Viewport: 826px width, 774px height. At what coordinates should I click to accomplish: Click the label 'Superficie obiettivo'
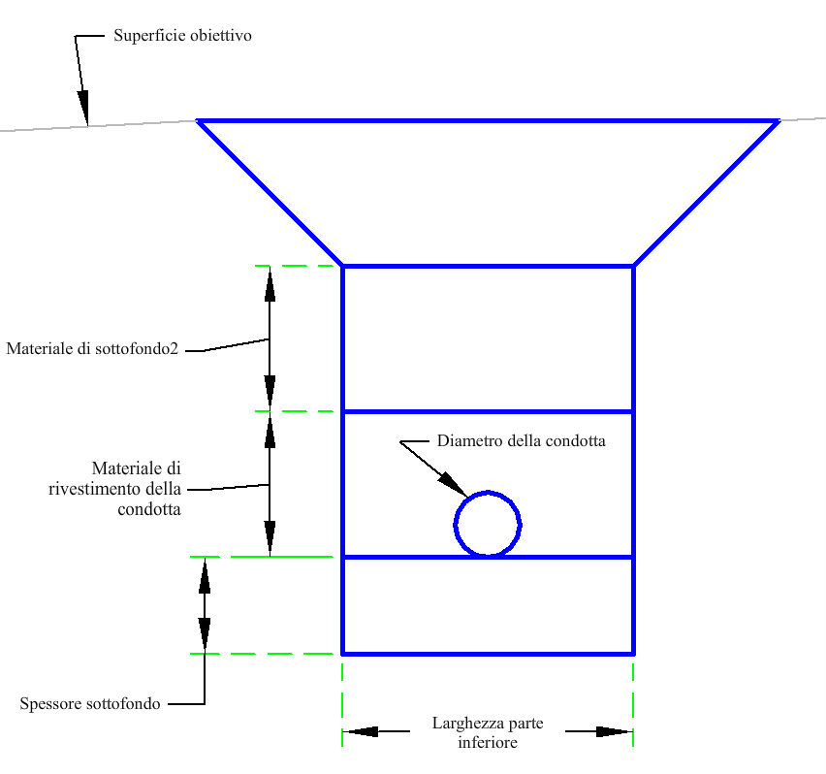coord(182,36)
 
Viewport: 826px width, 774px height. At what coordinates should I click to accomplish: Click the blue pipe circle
coord(488,524)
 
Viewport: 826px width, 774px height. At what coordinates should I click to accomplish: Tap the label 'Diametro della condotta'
coord(521,441)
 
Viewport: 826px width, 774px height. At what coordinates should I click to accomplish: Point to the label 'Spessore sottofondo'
coord(90,704)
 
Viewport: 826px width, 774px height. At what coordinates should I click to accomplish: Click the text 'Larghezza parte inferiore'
coord(488,733)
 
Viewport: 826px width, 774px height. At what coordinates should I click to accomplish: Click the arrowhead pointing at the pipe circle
coord(452,483)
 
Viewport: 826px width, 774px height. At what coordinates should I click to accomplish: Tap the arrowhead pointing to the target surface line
coord(84,105)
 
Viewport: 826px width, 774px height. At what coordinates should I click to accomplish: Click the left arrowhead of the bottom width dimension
coord(361,731)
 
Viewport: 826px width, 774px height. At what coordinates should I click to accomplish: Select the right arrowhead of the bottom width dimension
coord(615,731)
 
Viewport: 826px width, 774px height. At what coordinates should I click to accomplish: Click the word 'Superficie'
coord(146,36)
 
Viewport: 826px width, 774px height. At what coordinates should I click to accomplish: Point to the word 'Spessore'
coord(49,704)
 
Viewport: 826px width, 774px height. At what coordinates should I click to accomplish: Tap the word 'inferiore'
coord(488,743)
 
